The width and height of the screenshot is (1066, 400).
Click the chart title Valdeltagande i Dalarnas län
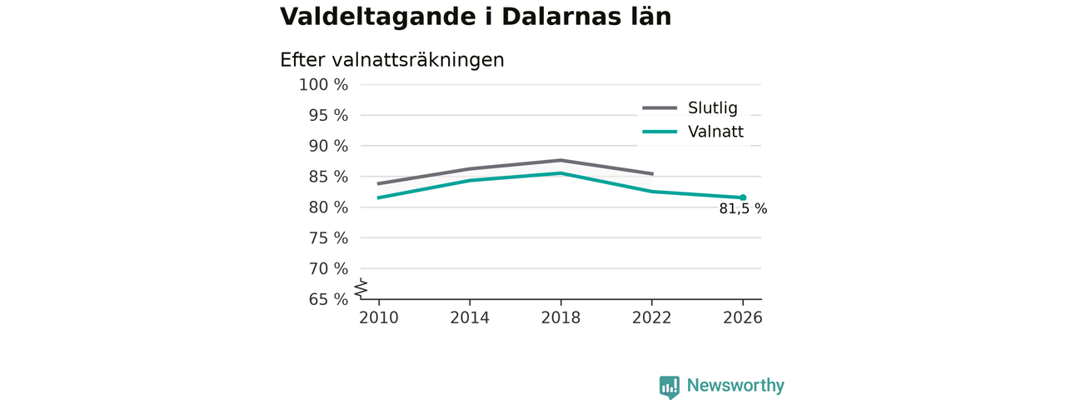[476, 17]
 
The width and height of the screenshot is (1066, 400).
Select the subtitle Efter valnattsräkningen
[391, 61]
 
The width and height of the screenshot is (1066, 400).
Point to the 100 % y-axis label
[324, 85]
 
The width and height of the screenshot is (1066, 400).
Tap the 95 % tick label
[328, 115]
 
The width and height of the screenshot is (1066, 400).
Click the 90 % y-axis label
[328, 146]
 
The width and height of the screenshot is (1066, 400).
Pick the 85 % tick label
[328, 177]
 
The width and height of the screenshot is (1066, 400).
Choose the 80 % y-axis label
[328, 207]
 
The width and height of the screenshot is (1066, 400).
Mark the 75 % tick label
[328, 238]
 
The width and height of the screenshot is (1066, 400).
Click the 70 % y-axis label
[328, 268]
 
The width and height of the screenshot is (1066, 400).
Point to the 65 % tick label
[328, 299]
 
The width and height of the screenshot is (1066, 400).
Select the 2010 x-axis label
[379, 317]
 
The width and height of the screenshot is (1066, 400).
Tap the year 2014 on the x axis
[470, 317]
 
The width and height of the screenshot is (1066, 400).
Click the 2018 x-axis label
[560, 317]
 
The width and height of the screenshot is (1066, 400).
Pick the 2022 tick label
[651, 317]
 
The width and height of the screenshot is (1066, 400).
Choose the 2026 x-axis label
[742, 317]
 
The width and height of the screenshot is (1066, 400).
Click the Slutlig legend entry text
[712, 108]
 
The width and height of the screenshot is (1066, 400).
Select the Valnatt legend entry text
[715, 132]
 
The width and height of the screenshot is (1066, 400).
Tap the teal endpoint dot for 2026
[743, 197]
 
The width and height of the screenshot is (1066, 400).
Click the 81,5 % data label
[743, 208]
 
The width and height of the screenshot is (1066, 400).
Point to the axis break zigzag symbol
[361, 288]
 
